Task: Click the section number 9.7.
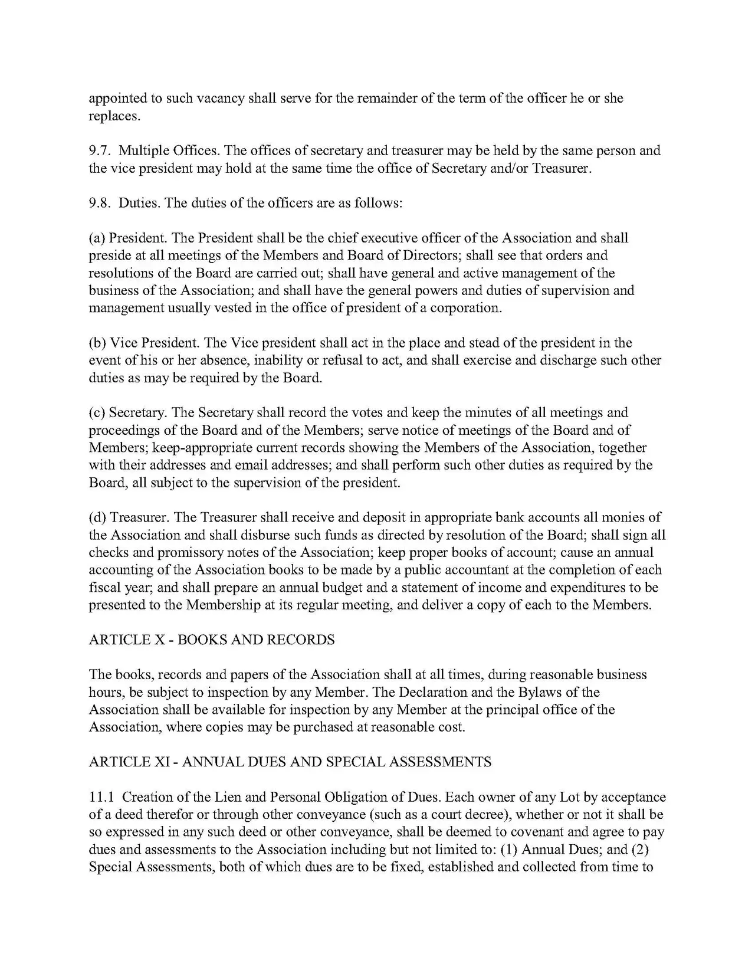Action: point(100,151)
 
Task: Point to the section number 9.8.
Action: point(100,204)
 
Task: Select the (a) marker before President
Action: point(97,238)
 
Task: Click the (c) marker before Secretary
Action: point(97,413)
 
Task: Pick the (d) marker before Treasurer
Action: point(97,518)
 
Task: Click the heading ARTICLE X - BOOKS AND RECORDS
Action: point(212,640)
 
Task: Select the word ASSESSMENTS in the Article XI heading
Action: point(448,762)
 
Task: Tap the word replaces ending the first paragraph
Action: point(114,116)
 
